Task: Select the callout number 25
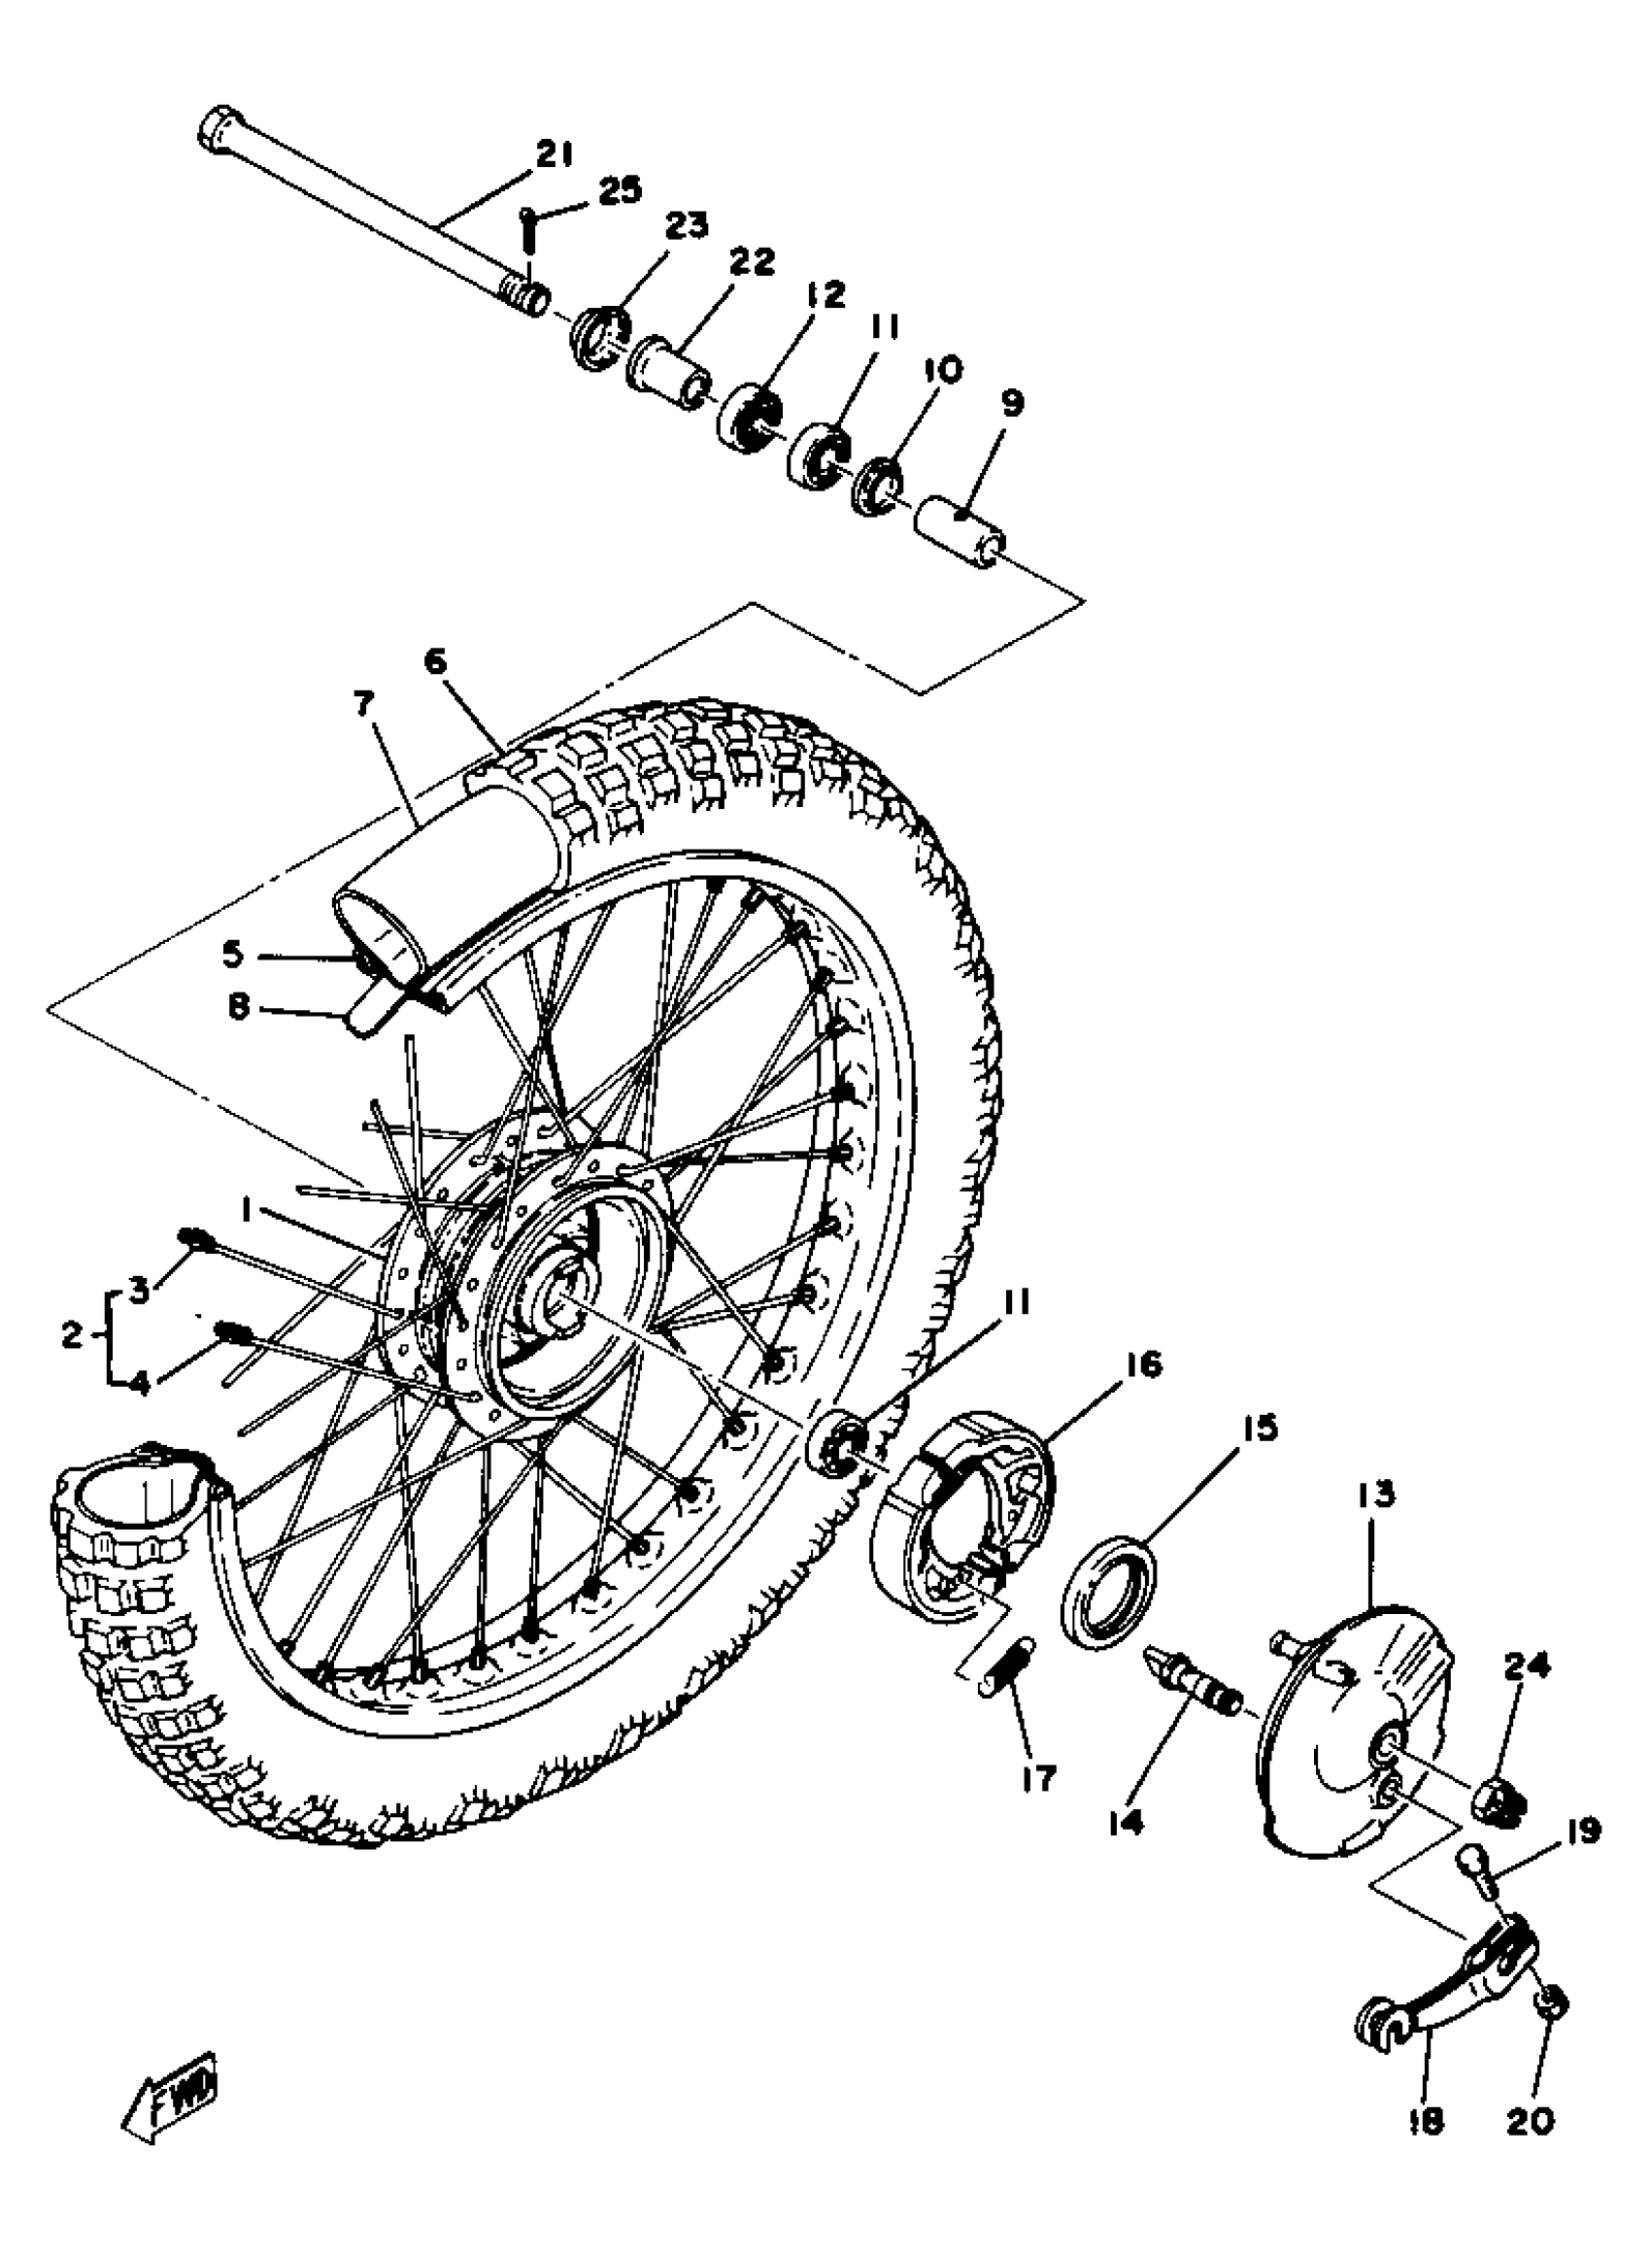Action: pos(621,189)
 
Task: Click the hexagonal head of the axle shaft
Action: pos(218,130)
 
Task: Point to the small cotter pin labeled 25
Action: pos(528,234)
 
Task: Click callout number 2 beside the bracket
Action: pos(71,1333)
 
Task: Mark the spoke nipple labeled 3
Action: pos(194,1240)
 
